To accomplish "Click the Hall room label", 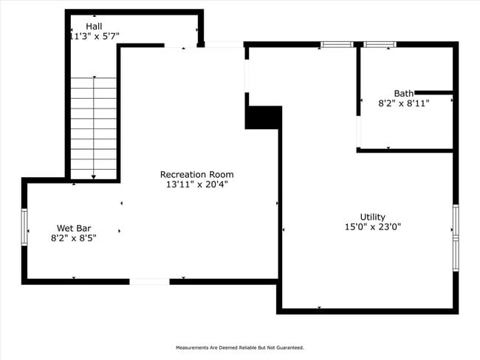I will (94, 26).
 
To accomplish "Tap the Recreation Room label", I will (196, 175).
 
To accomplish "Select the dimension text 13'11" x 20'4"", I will (196, 185).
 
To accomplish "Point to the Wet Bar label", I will (74, 228).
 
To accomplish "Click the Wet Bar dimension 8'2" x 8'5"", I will (74, 238).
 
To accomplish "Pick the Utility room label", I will (372, 217).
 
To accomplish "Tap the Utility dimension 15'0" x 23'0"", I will (372, 227).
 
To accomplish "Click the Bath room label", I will (404, 94).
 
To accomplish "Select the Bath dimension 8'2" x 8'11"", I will (404, 104).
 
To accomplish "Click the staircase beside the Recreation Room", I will (94, 128).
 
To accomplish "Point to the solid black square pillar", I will (263, 118).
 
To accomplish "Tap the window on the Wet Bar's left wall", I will (24, 227).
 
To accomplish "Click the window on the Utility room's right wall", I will (456, 238).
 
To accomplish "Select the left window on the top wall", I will (337, 45).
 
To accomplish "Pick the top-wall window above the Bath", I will (380, 45).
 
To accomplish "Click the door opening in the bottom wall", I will (149, 281).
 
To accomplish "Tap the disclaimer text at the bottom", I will (239, 347).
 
